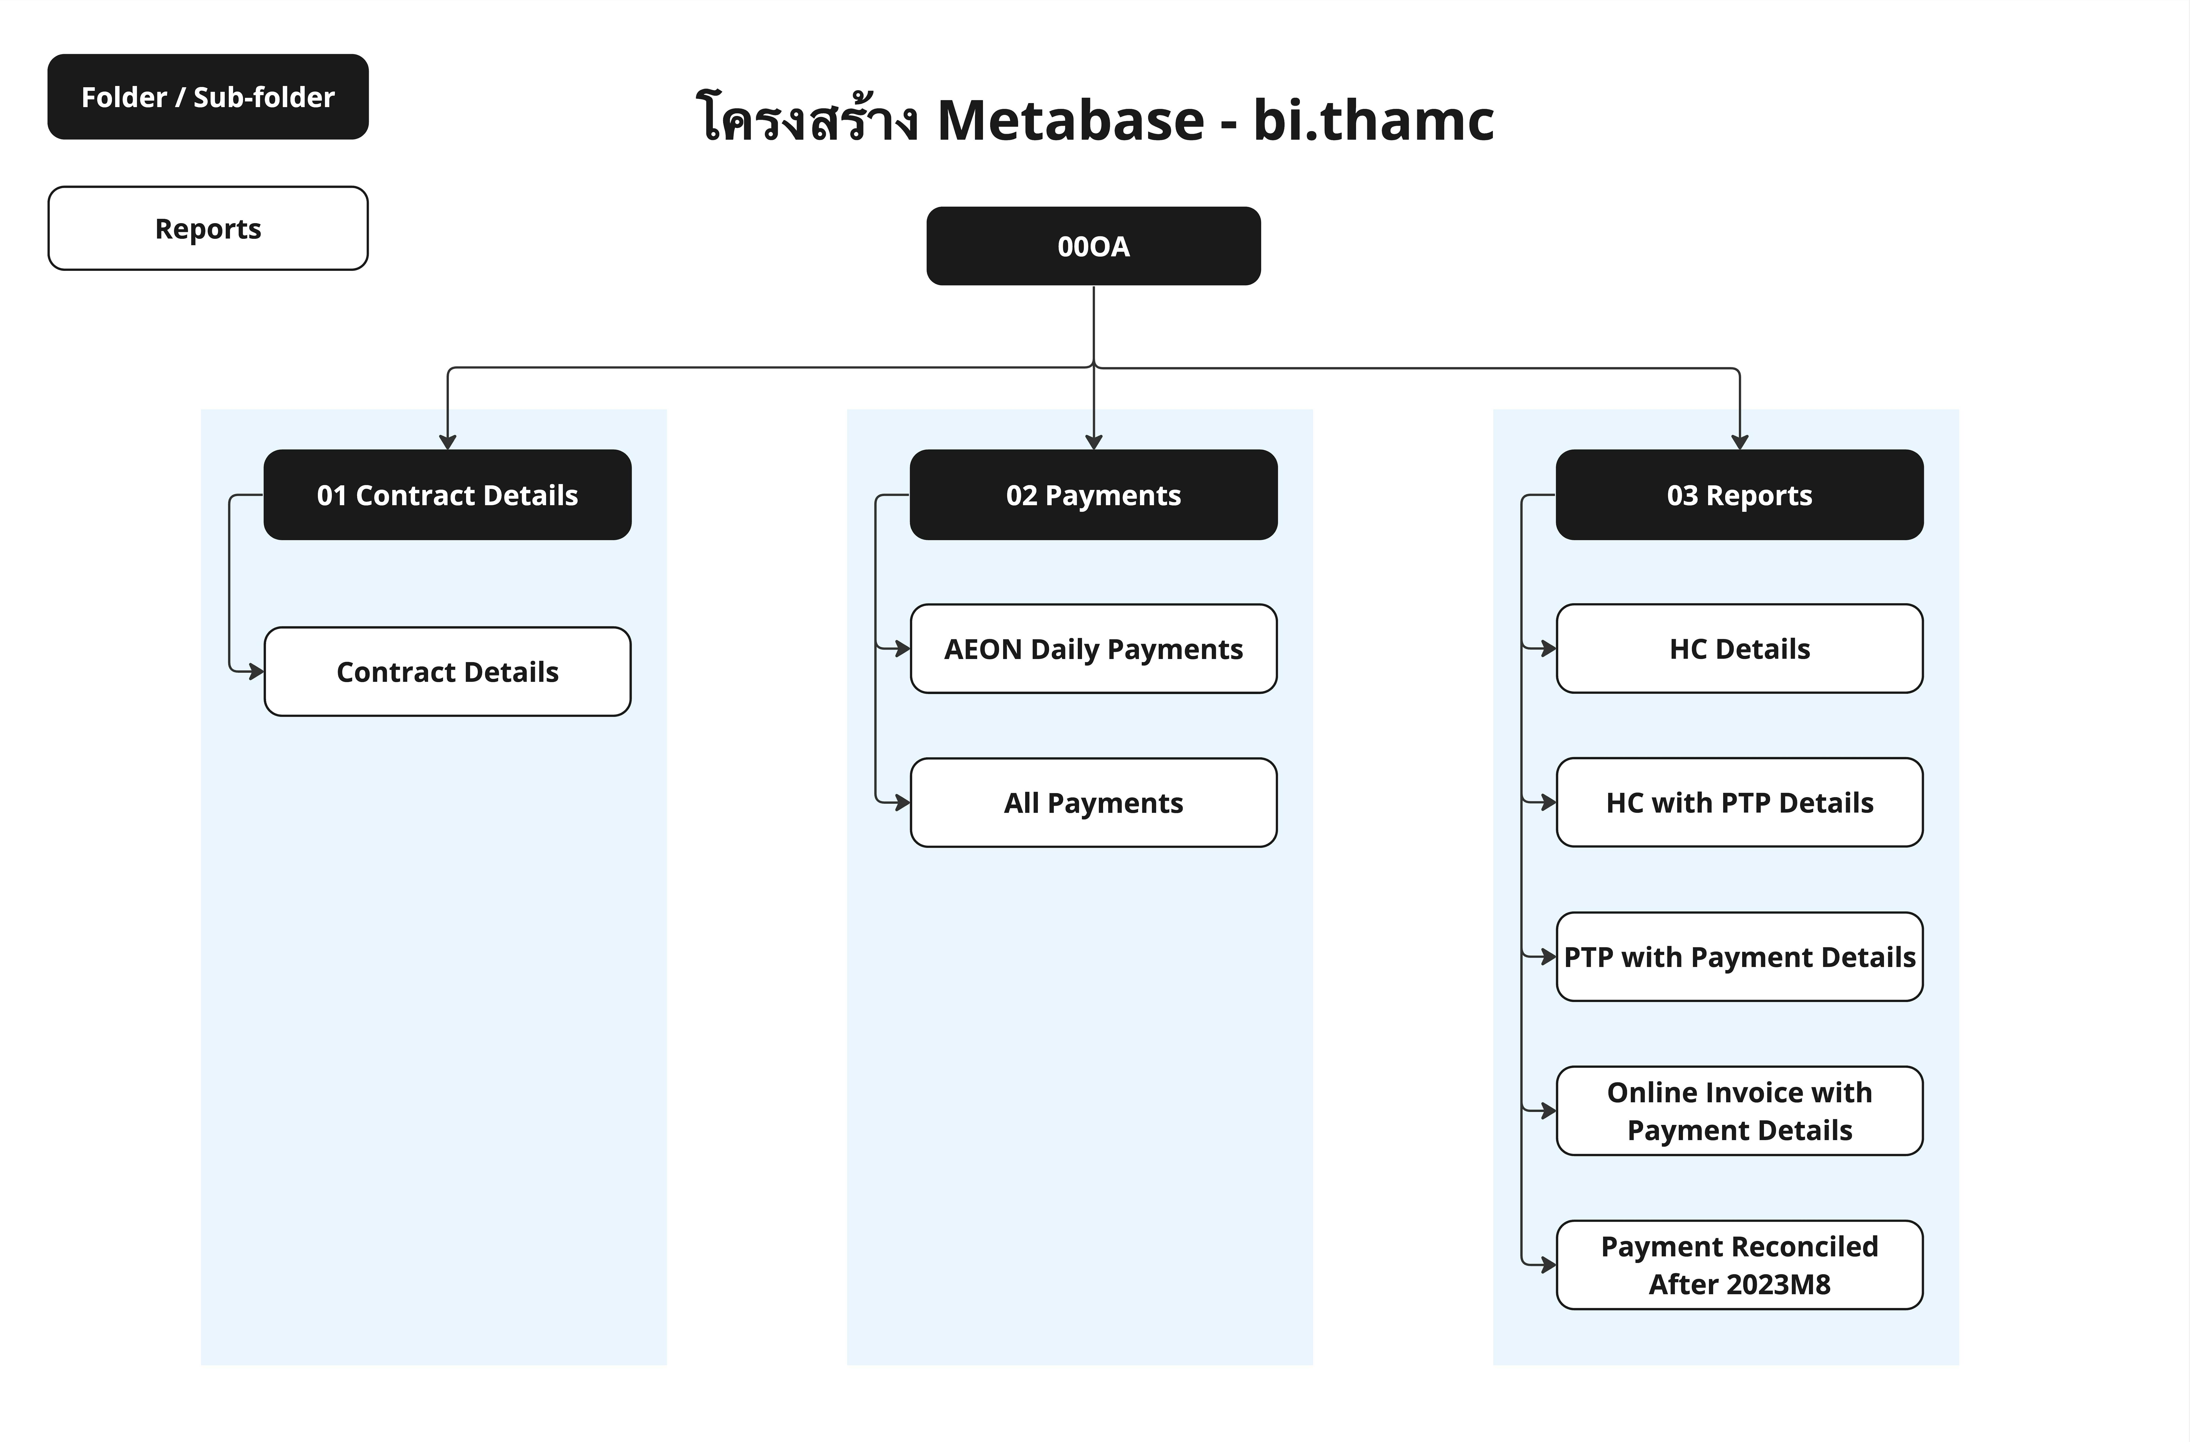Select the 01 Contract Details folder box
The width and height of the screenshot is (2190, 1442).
coord(447,495)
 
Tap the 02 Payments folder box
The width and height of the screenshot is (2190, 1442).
coord(1093,495)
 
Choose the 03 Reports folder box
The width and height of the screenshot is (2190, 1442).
coord(1739,495)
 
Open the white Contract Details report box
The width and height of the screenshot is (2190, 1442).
coord(447,672)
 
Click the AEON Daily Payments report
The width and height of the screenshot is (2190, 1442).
coord(1093,649)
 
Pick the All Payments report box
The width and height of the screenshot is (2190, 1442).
coord(1093,803)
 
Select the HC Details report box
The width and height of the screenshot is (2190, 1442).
coord(1739,649)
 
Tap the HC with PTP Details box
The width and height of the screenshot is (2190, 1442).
coord(1739,803)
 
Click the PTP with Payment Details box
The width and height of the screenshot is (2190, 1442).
coord(1739,957)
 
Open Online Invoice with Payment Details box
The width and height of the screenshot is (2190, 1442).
coord(1739,1111)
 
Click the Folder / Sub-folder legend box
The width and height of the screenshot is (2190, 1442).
coord(208,97)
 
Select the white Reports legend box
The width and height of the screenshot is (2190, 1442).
coord(208,228)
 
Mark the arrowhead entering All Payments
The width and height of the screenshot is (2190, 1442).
coord(903,803)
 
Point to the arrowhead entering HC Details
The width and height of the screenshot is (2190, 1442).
coord(1549,649)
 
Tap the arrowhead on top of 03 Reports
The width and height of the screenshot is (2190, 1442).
coord(1739,443)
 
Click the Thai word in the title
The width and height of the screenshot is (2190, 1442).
coord(807,119)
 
